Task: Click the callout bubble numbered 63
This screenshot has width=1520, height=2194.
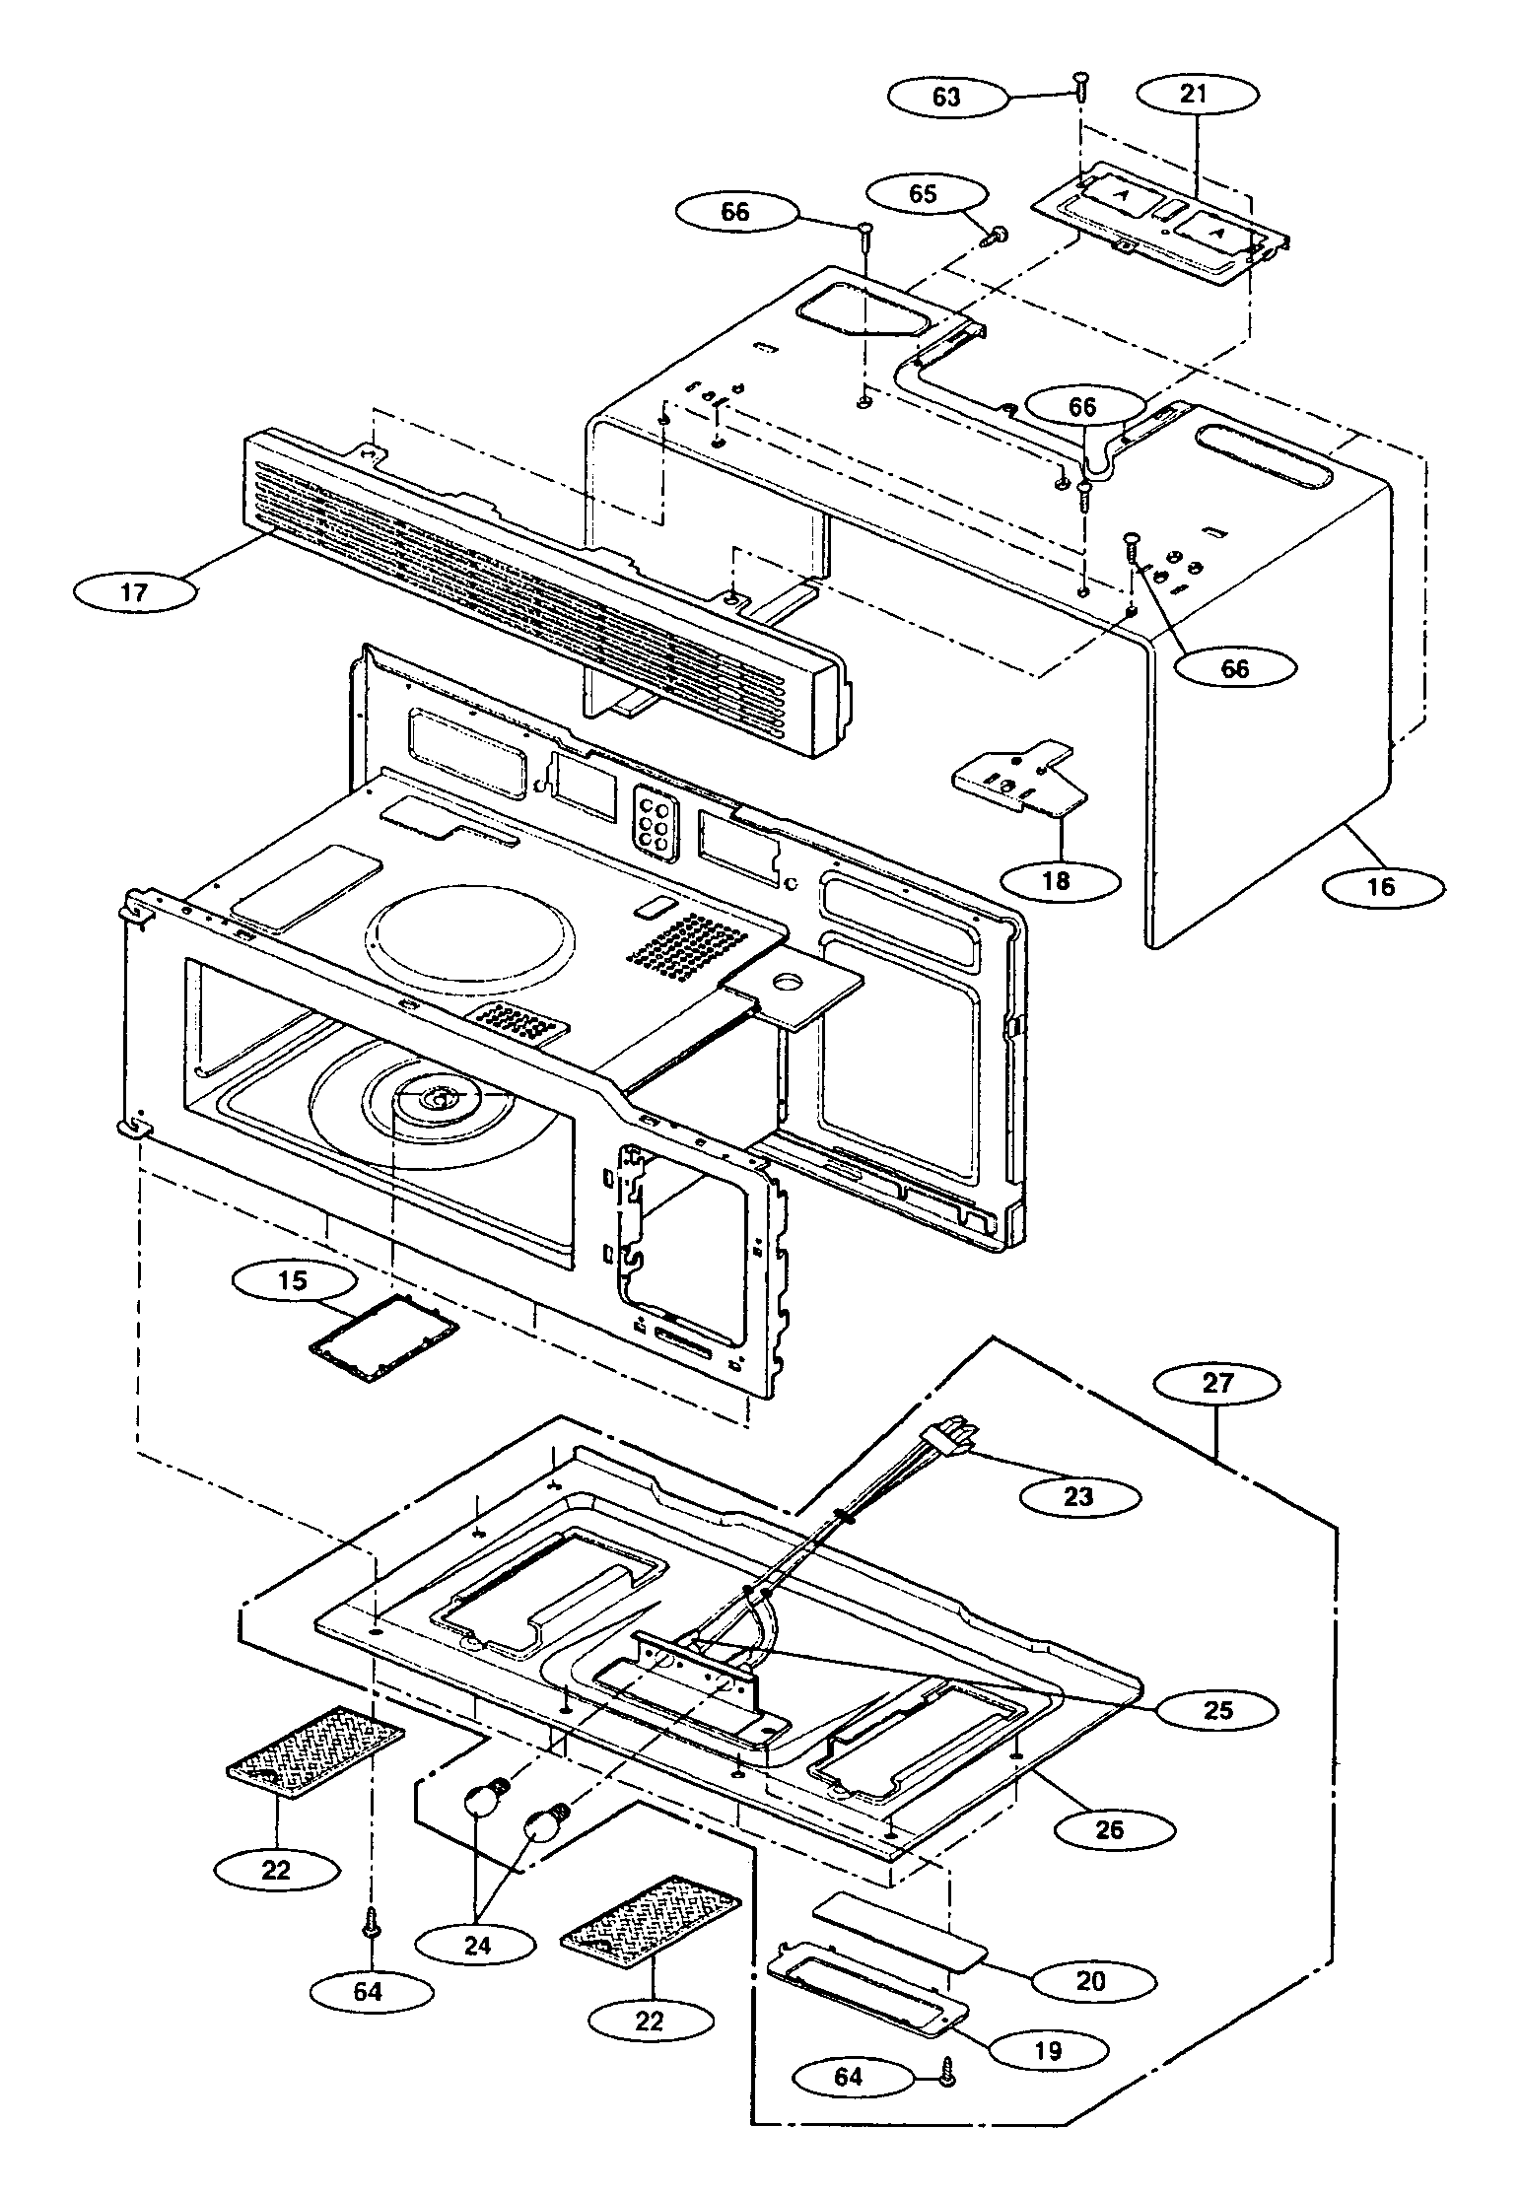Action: click(946, 97)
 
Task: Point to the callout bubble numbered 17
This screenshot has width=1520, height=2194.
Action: click(135, 592)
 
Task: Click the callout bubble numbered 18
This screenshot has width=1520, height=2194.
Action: click(1055, 880)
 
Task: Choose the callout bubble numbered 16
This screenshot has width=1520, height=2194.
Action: click(1382, 886)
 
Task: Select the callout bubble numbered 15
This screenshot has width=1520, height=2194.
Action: click(294, 1281)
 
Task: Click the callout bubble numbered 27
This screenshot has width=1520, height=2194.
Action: click(1218, 1383)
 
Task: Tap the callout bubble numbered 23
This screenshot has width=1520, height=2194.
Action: click(1079, 1497)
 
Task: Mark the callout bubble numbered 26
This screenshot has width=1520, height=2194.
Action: click(1110, 1830)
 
